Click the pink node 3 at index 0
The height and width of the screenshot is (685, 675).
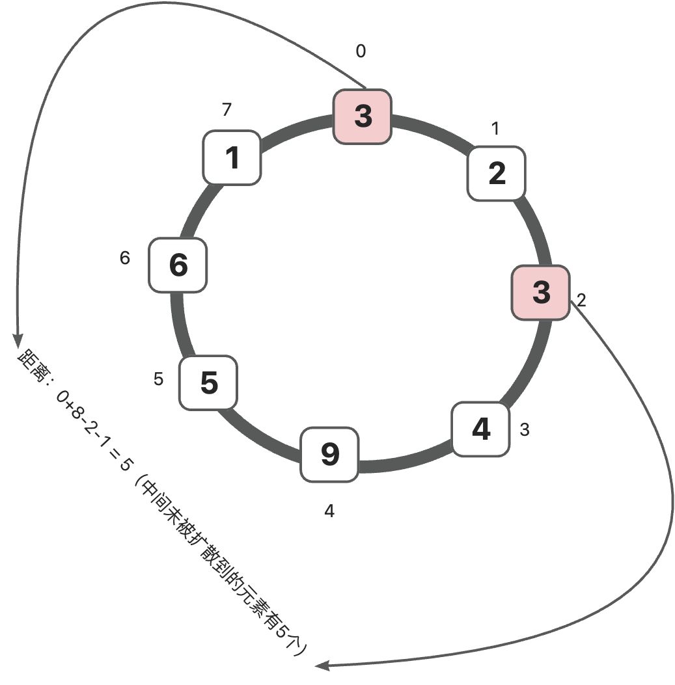pyautogui.click(x=363, y=116)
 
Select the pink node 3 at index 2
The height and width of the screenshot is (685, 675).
pyautogui.click(x=540, y=292)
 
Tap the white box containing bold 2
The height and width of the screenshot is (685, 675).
pyautogui.click(x=496, y=173)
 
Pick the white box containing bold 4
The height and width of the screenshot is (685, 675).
pyautogui.click(x=480, y=429)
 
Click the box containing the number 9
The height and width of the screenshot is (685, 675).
pyautogui.click(x=330, y=454)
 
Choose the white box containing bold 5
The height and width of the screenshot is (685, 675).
pyautogui.click(x=208, y=383)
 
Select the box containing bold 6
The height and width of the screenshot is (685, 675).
pyautogui.click(x=178, y=265)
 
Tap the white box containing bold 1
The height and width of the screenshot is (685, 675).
pyautogui.click(x=232, y=157)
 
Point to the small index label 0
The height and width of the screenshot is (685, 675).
pyautogui.click(x=361, y=51)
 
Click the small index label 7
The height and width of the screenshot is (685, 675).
pyautogui.click(x=227, y=110)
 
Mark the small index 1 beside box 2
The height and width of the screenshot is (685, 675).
pyautogui.click(x=495, y=129)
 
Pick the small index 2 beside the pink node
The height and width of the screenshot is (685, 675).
pyautogui.click(x=581, y=301)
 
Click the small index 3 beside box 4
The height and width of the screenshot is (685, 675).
pyautogui.click(x=525, y=429)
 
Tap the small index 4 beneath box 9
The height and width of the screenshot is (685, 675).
pyautogui.click(x=329, y=511)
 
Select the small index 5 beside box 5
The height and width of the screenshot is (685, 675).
pyautogui.click(x=159, y=379)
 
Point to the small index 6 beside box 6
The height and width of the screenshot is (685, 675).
pyautogui.click(x=125, y=258)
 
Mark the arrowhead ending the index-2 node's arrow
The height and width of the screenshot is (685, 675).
pyautogui.click(x=321, y=665)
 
